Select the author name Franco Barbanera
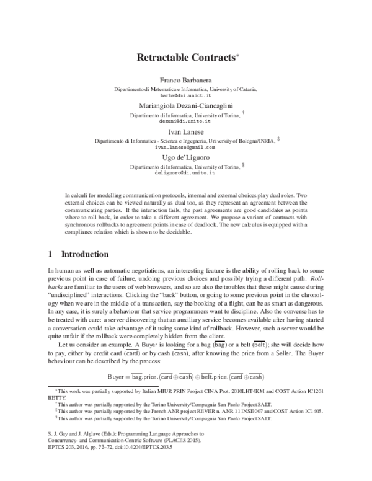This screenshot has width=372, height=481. [x=185, y=81]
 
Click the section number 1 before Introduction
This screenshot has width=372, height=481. [x=50, y=254]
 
